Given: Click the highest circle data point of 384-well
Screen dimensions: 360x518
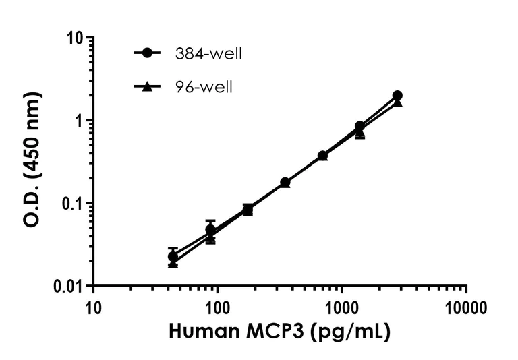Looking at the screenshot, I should (x=397, y=96).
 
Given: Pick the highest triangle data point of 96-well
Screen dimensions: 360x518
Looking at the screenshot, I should (x=397, y=102).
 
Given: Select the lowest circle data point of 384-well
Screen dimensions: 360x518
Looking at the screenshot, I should (x=173, y=256).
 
